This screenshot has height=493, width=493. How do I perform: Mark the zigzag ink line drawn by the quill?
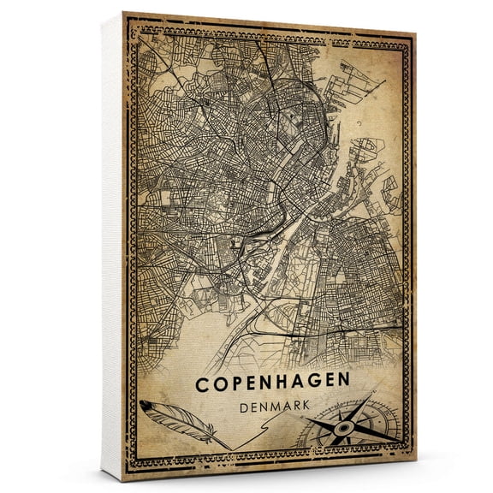pos(248,439)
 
